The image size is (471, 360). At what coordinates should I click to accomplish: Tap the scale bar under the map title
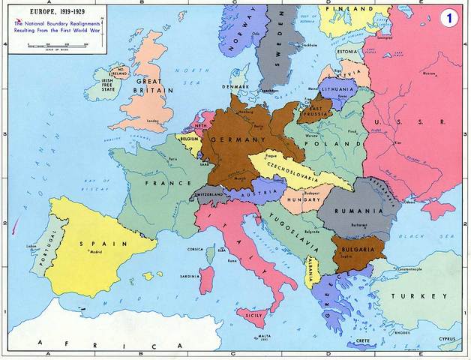point(58,45)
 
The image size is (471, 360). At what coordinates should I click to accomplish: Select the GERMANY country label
point(238,139)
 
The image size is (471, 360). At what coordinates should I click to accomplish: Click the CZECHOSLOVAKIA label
point(289,173)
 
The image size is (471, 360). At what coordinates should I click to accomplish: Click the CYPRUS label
point(448,337)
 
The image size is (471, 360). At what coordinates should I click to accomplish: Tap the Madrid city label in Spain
point(95,253)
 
